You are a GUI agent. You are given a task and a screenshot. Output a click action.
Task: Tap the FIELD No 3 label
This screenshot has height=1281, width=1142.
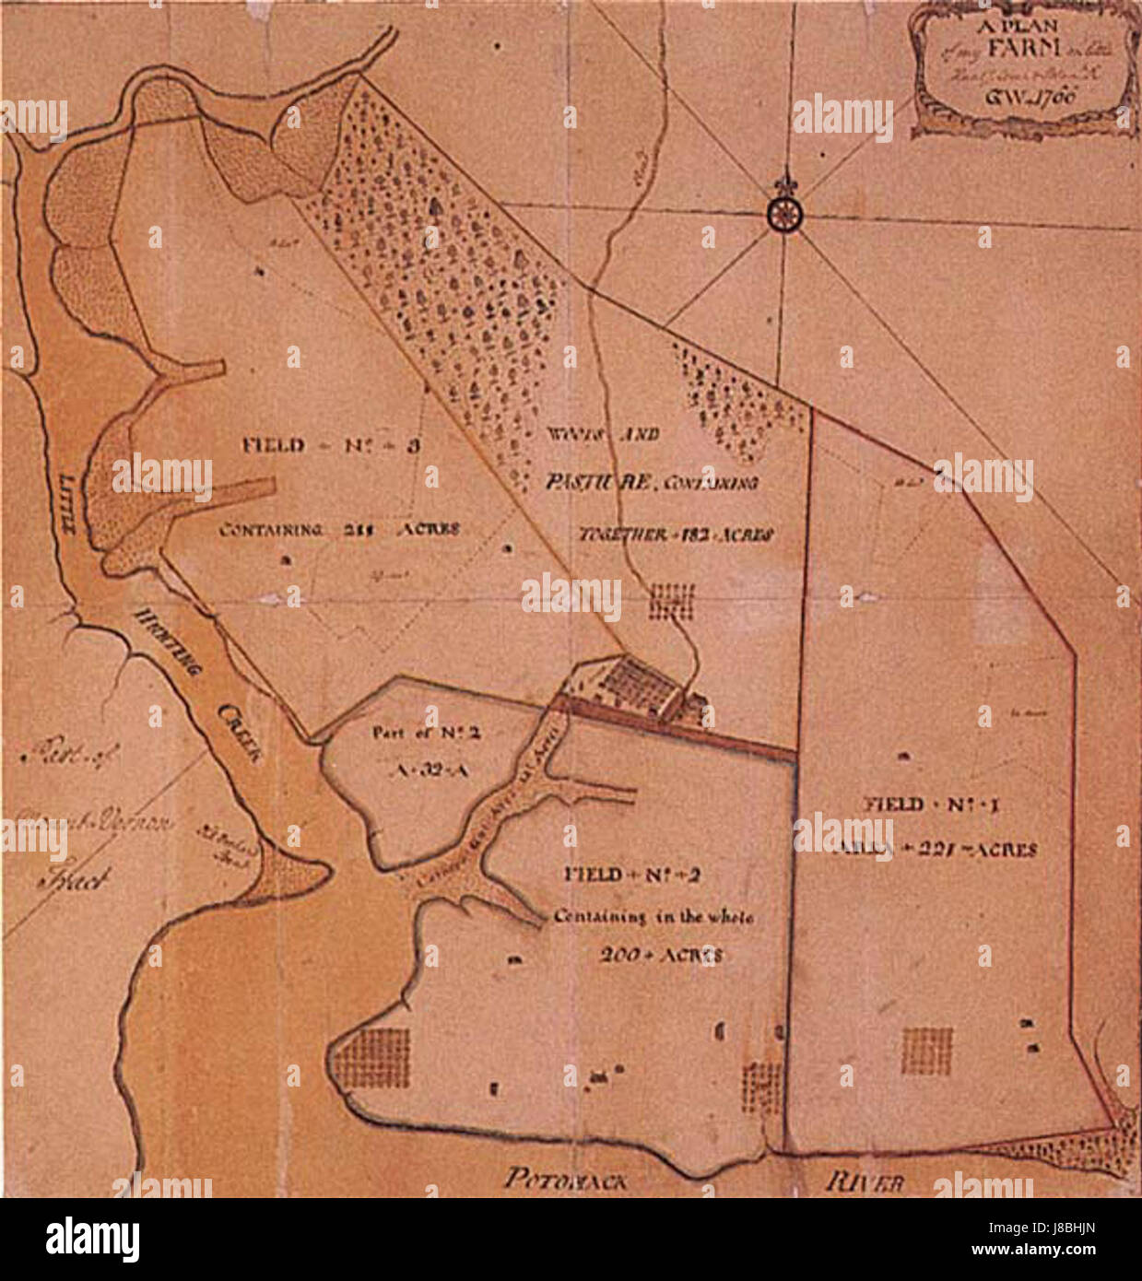point(332,446)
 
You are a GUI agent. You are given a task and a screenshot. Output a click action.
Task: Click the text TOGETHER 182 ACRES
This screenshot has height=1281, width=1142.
point(675,534)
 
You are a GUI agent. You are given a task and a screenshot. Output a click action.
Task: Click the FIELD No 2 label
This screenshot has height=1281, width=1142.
point(632,875)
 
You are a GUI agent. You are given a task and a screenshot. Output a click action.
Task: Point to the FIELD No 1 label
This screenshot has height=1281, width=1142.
point(932,805)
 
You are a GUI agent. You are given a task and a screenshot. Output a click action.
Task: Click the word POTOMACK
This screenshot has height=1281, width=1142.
point(564,1178)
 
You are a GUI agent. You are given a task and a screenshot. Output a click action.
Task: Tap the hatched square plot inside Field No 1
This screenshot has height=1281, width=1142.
point(927,1051)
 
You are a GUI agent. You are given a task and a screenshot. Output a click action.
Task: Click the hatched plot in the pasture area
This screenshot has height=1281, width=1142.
point(670,600)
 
